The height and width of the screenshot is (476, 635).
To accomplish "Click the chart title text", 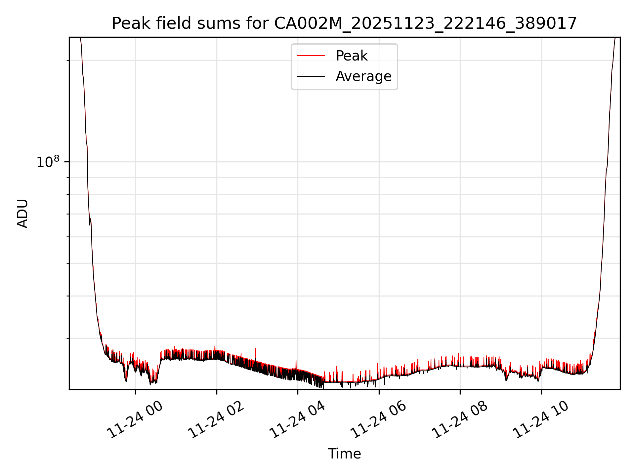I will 344,23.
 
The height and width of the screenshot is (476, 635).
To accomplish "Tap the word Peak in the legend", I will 351,56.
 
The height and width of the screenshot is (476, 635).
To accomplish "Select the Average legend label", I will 363,76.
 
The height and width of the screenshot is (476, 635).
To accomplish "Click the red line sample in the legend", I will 311,56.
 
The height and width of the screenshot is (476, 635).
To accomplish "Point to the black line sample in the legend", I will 311,76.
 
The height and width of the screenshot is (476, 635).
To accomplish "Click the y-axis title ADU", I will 22,213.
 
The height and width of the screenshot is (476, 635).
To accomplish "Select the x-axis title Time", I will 344,454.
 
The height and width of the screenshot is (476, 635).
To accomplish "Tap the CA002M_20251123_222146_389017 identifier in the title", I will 425,23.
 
